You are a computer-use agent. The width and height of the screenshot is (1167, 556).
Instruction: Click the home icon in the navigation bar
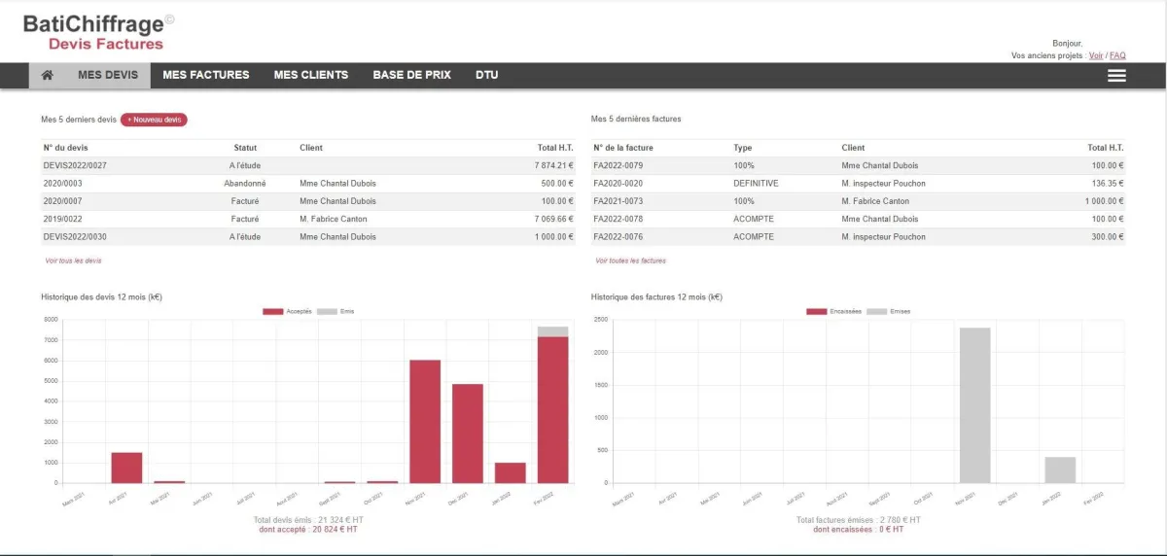(47, 75)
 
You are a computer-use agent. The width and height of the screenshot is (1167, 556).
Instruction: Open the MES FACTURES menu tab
(205, 75)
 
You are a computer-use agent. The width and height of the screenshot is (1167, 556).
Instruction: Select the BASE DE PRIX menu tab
(411, 75)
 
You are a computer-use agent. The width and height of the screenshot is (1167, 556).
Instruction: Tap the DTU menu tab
(486, 75)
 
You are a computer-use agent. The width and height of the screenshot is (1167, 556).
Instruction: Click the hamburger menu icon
(1116, 75)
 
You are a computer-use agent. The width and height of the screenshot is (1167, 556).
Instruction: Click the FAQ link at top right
(1117, 55)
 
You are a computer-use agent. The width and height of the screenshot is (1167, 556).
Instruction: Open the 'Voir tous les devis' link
(73, 261)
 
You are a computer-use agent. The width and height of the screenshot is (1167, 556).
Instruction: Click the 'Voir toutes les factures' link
(630, 261)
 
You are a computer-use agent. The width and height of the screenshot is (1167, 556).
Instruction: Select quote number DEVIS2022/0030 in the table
(75, 236)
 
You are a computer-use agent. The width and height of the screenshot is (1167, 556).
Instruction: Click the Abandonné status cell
(245, 183)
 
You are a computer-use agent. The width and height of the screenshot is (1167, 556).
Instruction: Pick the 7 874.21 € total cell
(553, 165)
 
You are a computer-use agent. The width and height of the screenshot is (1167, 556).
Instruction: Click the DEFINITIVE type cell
(756, 183)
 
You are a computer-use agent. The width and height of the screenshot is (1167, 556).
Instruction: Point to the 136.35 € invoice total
(1107, 183)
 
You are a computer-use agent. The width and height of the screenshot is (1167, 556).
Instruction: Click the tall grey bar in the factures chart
(974, 404)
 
